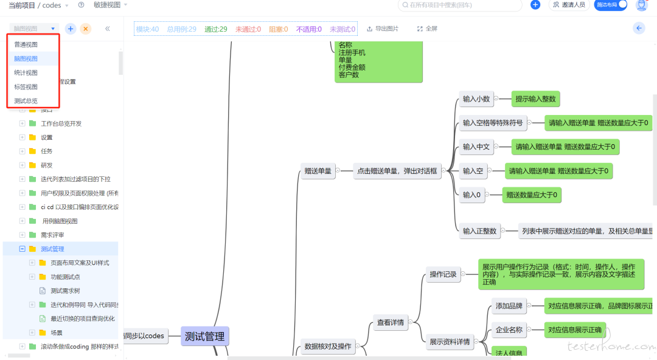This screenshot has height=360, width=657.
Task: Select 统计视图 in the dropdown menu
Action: [26, 73]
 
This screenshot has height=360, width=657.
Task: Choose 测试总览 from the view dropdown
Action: [26, 101]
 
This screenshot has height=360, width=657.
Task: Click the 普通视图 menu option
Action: [26, 45]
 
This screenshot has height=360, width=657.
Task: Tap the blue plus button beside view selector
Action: [71, 29]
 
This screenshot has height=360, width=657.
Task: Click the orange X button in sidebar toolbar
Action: [86, 29]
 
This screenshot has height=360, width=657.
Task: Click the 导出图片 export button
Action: [383, 29]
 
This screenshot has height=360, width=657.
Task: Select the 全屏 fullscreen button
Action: [427, 29]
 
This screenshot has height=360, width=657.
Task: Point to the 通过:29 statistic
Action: [216, 29]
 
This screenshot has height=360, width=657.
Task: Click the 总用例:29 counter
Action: [181, 29]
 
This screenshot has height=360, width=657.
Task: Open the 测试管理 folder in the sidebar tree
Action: [52, 249]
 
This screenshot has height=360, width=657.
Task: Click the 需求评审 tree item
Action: [52, 235]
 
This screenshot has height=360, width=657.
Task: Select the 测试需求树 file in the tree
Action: [65, 291]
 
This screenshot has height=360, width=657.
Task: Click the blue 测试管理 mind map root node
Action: [204, 336]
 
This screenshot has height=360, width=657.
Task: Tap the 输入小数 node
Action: [476, 99]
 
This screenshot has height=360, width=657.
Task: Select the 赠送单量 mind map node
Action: [318, 171]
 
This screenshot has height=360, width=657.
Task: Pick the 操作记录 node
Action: [442, 274]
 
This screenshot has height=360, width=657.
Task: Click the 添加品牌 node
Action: [509, 306]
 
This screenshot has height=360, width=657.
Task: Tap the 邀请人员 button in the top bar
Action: [569, 5]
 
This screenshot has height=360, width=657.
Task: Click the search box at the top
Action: [460, 5]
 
